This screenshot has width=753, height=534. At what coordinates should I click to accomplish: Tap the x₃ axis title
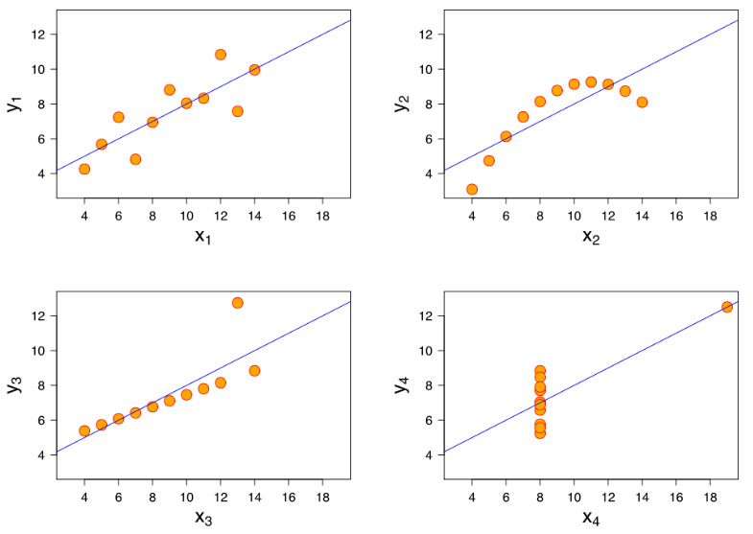click(x=202, y=519)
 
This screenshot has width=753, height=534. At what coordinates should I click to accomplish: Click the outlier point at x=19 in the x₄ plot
click(x=727, y=307)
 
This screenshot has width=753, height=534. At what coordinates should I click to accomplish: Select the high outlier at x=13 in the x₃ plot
click(x=237, y=303)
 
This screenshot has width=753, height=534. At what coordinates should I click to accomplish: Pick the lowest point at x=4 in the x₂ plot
click(x=472, y=189)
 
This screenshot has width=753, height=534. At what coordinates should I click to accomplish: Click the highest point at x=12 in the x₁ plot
click(x=221, y=55)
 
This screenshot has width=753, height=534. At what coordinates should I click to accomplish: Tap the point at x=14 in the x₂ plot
click(x=642, y=102)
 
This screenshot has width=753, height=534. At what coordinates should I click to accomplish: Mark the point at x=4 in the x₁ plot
click(x=84, y=169)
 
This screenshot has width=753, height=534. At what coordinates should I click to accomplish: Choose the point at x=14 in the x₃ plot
click(x=254, y=370)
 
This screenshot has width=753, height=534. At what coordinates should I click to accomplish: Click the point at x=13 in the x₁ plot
click(x=237, y=111)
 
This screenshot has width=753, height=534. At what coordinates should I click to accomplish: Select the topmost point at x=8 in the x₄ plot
click(x=540, y=371)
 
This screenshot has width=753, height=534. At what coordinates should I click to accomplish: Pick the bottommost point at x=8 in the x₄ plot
click(x=540, y=432)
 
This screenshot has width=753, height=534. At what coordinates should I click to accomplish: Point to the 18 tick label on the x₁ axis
click(x=322, y=216)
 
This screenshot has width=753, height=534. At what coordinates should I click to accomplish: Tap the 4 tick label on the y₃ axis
click(x=41, y=454)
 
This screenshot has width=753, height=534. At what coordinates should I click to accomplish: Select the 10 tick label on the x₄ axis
click(x=574, y=498)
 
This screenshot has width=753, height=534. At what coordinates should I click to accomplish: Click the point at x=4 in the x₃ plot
click(x=84, y=430)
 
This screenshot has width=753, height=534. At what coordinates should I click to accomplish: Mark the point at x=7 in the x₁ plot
click(x=135, y=159)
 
